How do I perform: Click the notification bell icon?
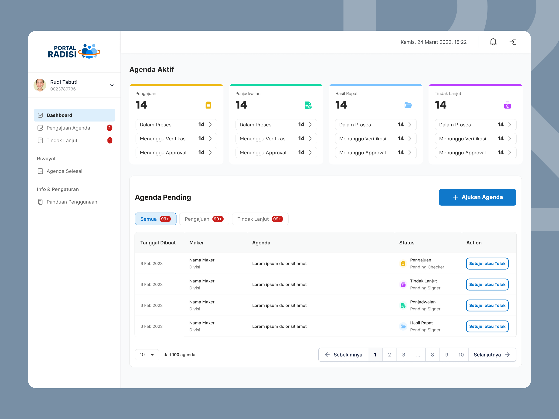point(493,42)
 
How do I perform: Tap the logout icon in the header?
point(513,42)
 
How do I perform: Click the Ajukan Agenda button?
point(477,197)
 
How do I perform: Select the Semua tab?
point(155,219)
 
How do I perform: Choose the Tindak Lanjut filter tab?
point(260,219)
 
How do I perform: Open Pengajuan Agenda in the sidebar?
point(68,128)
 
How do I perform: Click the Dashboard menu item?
point(74,115)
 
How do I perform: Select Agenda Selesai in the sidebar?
point(64,171)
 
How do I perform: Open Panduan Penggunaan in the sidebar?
point(72,202)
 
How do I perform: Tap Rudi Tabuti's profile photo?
point(40,85)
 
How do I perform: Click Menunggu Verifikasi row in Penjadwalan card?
point(276,139)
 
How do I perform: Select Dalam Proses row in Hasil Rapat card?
point(375,125)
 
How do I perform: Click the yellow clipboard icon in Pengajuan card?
point(208,105)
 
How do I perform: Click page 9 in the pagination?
point(447,355)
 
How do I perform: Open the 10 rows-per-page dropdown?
point(147,355)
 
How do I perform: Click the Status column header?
point(407,243)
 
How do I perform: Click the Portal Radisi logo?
point(74,51)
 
